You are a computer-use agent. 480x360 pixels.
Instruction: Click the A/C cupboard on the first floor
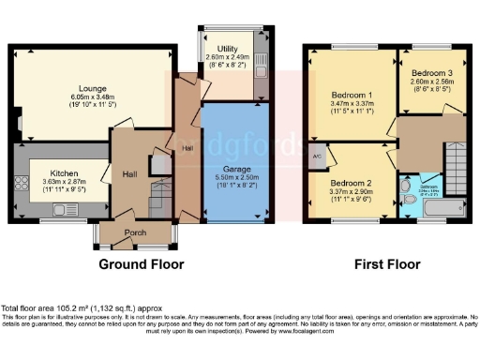tap(319, 157)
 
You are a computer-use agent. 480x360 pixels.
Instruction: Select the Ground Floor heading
tap(142, 265)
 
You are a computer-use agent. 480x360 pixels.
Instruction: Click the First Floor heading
tap(385, 265)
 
